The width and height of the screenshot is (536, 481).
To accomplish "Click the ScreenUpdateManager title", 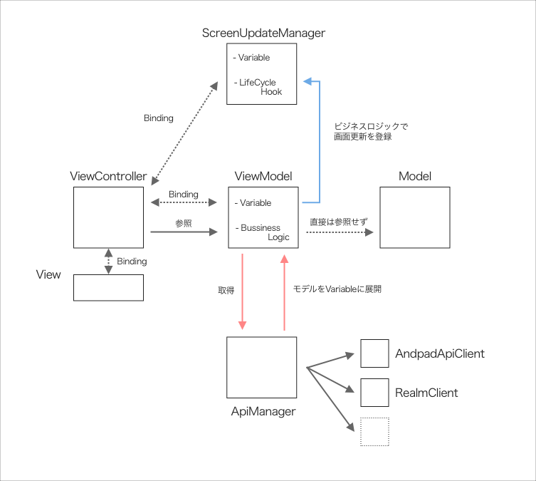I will pos(263,33).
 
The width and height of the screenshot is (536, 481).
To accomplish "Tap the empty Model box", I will pos(414,217).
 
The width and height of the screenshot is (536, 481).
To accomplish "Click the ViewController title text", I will pos(109,177).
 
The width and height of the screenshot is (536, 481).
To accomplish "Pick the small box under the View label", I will pos(109,287).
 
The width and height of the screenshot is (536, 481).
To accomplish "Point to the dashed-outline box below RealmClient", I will pos(374,432).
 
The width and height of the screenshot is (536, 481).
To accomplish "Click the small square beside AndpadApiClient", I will pos(374,353).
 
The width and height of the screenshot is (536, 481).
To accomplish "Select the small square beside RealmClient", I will pos(374,392).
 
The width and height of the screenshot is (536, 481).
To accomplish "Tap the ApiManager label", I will pos(263,412).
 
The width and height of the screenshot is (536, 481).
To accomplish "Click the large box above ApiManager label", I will pos(261,367).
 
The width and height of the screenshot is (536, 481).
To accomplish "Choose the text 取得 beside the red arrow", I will pos(226,290).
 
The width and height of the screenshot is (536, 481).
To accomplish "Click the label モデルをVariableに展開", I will pos(337,290).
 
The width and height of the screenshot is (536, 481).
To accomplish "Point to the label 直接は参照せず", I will pos(338,222).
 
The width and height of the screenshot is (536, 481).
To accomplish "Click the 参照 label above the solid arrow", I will pos(183,223).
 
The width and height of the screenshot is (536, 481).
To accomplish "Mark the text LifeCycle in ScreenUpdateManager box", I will pos(257,83).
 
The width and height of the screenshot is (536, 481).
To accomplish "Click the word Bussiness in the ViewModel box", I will pos(260,228).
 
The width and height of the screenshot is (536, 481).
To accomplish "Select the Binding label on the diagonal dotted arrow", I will pos(158,118).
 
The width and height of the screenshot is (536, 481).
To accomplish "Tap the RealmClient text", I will pos(426,393).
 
